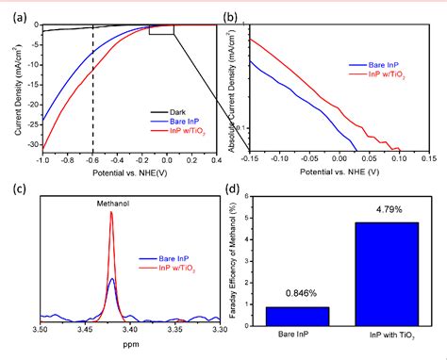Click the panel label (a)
(11, 11)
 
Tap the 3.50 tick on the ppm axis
(40, 329)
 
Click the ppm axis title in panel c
(129, 344)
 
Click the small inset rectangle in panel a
(161, 28)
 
